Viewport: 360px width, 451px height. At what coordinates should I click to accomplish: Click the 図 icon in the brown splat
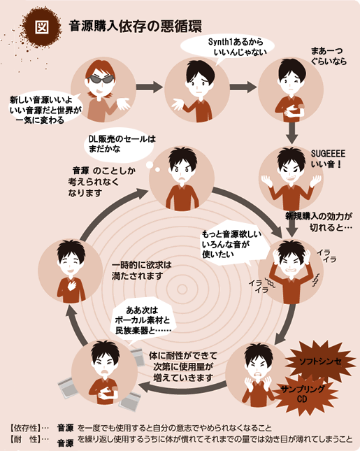(42, 27)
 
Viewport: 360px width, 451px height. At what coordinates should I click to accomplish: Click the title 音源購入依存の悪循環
(135, 27)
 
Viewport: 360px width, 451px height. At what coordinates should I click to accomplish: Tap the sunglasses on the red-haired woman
(101, 79)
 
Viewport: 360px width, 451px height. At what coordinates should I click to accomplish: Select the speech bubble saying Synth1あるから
(227, 48)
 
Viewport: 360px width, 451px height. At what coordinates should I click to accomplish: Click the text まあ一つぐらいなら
(329, 56)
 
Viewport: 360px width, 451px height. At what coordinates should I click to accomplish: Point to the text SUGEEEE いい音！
(328, 159)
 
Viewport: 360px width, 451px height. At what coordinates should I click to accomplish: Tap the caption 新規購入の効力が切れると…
(319, 222)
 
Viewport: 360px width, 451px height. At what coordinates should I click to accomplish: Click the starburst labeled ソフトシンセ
(320, 361)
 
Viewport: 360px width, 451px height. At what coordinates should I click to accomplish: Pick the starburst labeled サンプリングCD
(303, 394)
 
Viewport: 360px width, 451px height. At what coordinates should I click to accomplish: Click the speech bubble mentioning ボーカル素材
(143, 320)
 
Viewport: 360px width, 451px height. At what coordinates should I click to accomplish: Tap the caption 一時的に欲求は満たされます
(141, 271)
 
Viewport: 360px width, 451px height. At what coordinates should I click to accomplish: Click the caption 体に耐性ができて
(183, 356)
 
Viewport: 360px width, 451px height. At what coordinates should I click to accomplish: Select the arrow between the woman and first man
(149, 87)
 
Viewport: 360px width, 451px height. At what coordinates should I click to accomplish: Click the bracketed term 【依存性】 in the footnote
(24, 428)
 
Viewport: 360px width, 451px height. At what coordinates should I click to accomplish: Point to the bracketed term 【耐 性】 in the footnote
(24, 439)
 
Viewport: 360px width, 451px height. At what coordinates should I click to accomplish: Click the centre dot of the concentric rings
(182, 289)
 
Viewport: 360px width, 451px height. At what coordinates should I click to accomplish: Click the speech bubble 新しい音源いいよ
(44, 110)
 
